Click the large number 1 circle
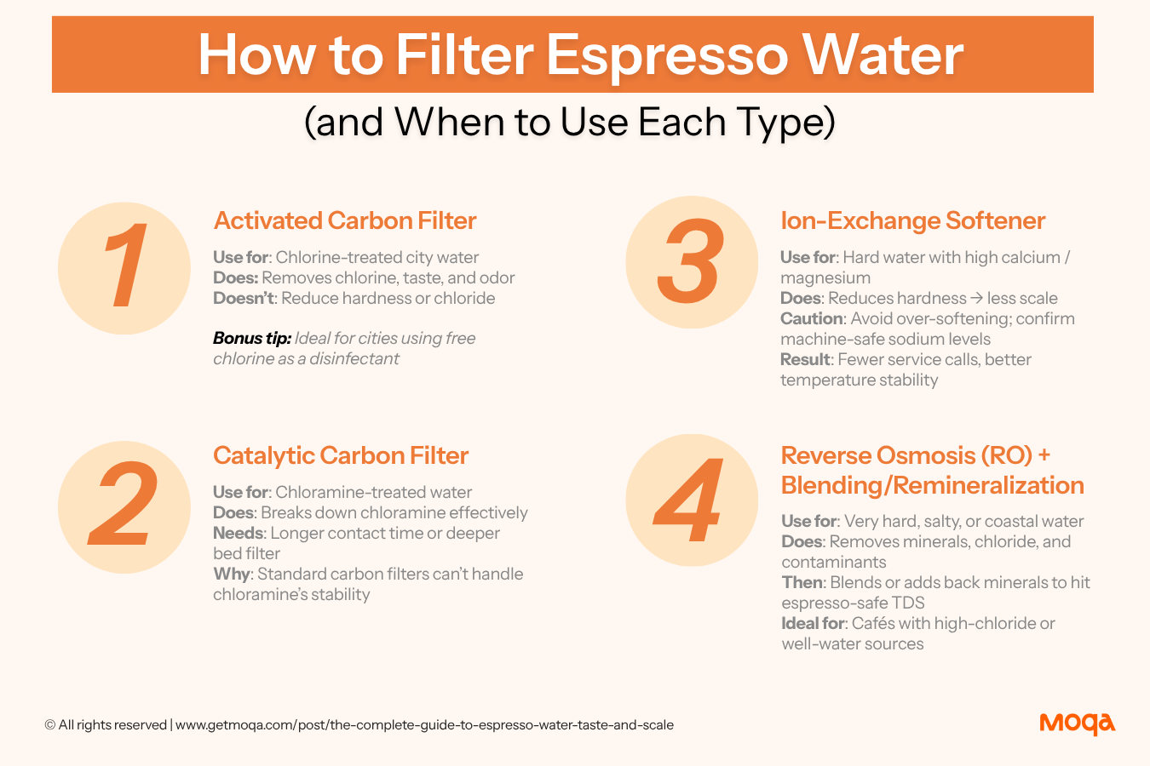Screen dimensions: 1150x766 124,268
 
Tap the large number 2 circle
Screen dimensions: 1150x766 124,507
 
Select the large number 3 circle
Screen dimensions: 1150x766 692,262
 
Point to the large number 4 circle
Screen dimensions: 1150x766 692,500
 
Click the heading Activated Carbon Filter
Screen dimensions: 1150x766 345,220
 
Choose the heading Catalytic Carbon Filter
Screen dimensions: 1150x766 341,455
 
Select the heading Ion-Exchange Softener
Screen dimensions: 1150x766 913,220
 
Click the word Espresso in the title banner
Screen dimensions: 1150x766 666,55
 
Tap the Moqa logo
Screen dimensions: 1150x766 1077,724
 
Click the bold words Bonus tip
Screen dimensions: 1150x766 252,338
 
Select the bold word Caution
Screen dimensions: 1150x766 812,318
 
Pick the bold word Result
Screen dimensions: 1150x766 805,360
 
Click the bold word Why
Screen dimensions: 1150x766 232,574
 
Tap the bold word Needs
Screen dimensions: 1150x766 239,533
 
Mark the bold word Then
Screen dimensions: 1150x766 802,582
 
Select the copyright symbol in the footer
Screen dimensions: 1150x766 49,725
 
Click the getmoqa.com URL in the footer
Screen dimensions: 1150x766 424,725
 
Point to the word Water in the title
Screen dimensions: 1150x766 883,55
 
